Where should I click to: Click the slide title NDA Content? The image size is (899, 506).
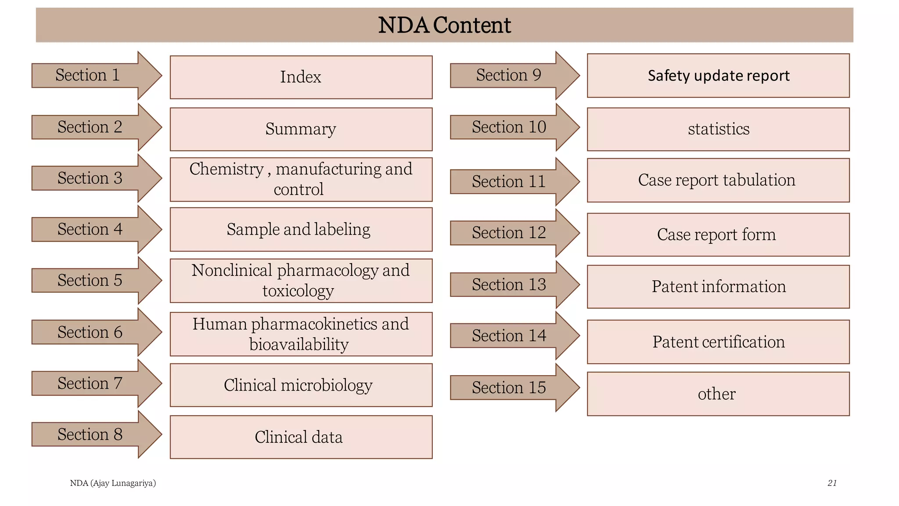point(444,25)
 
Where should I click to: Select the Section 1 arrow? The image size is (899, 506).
point(88,75)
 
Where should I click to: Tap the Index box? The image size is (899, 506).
point(301,77)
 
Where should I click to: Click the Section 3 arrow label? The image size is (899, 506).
point(90,178)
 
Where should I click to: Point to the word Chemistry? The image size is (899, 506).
point(227,169)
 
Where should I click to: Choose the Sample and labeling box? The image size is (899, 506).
point(301,229)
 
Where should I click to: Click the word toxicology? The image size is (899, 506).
point(298,291)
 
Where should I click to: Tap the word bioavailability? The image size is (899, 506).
point(299,344)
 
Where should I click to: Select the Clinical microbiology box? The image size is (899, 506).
point(301,385)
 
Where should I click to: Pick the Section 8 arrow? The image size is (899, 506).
point(90,434)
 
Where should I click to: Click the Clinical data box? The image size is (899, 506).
point(301,437)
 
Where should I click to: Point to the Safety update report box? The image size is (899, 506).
point(718,76)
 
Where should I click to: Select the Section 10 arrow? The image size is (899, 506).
point(509,127)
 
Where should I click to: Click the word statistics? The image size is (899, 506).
point(719,129)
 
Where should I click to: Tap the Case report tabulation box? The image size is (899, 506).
point(718,180)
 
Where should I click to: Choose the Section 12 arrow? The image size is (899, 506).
point(509,233)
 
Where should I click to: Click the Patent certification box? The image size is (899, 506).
point(718,342)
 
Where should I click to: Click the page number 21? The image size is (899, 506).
point(832,483)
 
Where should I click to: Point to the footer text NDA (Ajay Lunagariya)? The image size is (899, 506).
point(113,483)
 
